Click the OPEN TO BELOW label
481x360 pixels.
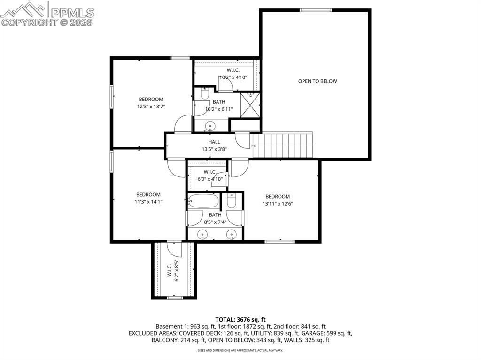[318, 81]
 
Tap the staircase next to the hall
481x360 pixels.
[282, 146]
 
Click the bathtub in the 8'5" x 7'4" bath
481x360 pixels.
[203, 202]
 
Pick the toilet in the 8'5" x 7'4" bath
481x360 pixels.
[232, 202]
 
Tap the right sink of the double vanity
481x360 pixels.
[232, 234]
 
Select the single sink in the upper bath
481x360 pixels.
[211, 125]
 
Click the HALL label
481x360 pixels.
[214, 142]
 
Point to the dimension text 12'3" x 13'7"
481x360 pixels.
[151, 107]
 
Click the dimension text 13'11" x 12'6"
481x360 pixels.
[278, 204]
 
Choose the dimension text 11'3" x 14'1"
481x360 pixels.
[148, 202]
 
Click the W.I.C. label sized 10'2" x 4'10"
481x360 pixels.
[233, 77]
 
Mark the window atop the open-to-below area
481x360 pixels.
[316, 10]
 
